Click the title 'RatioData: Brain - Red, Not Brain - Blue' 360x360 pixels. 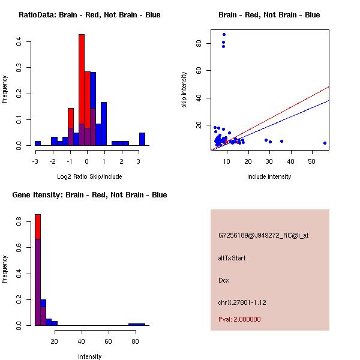[x=89, y=14]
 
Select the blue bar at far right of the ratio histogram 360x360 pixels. [x=142, y=139]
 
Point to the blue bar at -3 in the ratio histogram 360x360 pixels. [x=38, y=143]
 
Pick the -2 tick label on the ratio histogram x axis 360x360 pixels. [x=53, y=161]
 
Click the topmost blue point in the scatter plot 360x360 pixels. [x=224, y=34]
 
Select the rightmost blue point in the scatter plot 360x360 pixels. [x=325, y=143]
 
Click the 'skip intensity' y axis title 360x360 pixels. [x=184, y=90]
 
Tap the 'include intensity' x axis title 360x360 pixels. [x=269, y=176]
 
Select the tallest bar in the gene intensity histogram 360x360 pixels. [x=38, y=270]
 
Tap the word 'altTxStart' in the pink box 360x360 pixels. [x=232, y=258]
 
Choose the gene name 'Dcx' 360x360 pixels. [x=224, y=280]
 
